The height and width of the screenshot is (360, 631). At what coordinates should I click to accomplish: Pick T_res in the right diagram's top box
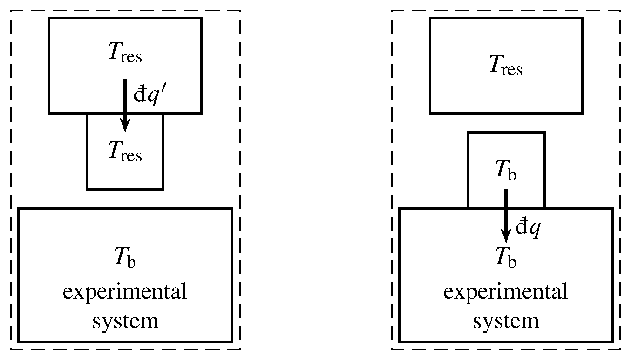506,66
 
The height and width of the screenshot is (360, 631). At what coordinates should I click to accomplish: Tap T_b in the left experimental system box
125,258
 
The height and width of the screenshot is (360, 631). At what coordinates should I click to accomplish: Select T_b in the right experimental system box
506,258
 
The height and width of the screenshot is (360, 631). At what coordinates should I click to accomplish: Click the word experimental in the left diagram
125,292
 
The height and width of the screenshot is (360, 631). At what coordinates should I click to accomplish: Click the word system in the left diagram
125,321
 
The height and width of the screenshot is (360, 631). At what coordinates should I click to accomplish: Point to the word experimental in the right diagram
506,292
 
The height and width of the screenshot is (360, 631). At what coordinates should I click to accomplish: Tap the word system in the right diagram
506,321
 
